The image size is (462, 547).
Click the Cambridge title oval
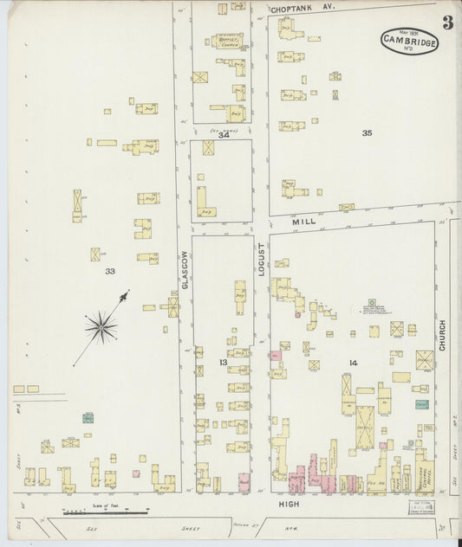click(x=409, y=40)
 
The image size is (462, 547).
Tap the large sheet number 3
click(x=447, y=23)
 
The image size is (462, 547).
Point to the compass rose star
click(x=101, y=326)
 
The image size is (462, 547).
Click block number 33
click(x=110, y=271)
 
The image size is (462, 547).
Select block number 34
click(x=224, y=134)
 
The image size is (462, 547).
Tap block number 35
click(x=368, y=132)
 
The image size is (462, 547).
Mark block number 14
click(x=353, y=361)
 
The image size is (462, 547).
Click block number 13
click(x=222, y=361)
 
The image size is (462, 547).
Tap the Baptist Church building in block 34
click(x=227, y=41)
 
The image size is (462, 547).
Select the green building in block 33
click(x=88, y=418)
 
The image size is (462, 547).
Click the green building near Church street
click(x=421, y=404)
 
